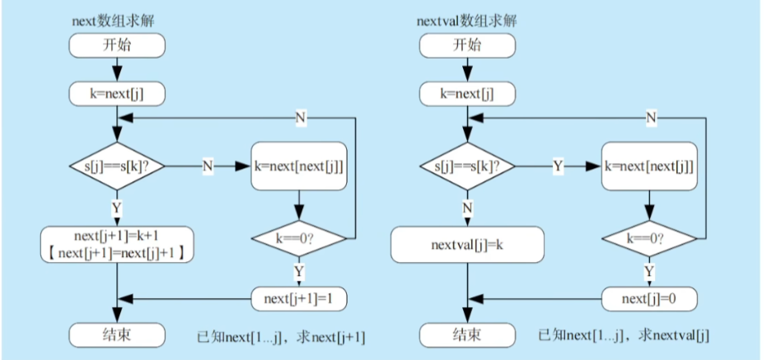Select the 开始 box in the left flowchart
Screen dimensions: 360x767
[116, 45]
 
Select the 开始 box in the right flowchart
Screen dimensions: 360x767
[466, 45]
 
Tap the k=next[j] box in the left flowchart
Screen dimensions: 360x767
[116, 93]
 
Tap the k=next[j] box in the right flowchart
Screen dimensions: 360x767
[466, 93]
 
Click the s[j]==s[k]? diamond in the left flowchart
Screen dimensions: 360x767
[116, 166]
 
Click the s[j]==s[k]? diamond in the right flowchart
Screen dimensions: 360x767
[466, 166]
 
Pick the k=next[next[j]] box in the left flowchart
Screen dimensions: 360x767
[301, 166]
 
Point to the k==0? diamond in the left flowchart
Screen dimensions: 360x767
[301, 239]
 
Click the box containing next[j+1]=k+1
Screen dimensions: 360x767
[116, 244]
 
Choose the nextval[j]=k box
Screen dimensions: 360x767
[466, 245]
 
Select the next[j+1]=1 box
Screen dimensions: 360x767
[301, 297]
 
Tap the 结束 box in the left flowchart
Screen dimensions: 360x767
[116, 334]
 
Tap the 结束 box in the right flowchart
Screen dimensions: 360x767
[466, 334]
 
